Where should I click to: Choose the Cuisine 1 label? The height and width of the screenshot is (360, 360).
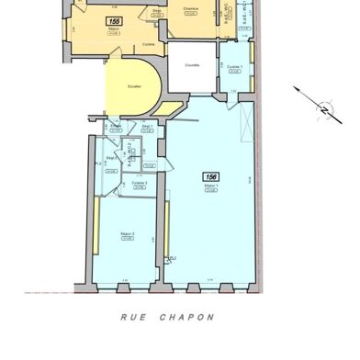coord(234,67)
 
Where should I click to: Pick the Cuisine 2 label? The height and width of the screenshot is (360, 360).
coord(140,183)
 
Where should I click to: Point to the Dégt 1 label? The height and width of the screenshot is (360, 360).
coord(146,126)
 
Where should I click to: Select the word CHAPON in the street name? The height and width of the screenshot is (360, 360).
coord(190,318)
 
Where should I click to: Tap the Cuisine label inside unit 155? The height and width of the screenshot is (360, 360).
coord(148,43)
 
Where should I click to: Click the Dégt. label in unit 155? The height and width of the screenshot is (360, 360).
coord(159,10)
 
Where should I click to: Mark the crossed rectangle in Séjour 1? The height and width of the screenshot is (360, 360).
coord(242,119)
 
